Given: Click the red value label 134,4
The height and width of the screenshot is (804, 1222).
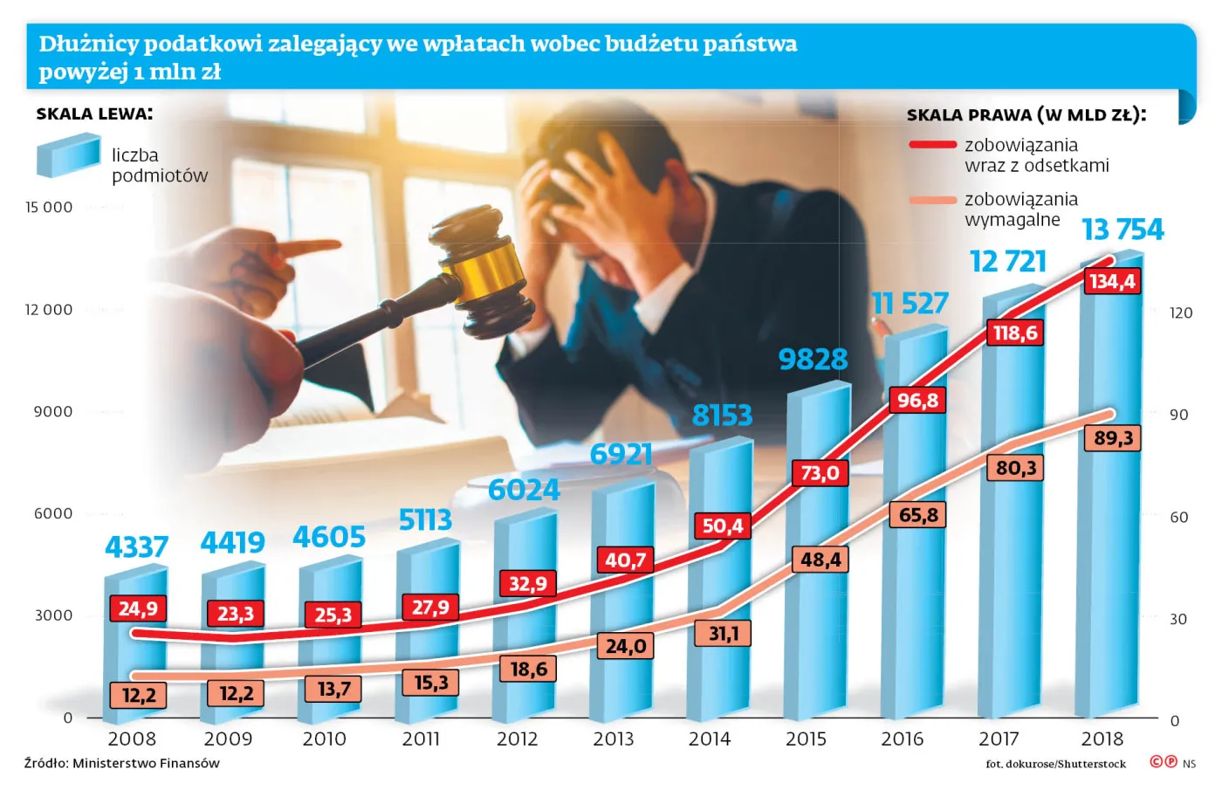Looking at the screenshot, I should click(1112, 281).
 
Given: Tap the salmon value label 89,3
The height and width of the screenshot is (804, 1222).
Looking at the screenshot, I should click(1113, 437).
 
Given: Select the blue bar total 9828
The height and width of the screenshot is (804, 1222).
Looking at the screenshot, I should click(813, 359).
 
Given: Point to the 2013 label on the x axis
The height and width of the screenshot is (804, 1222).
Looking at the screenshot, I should click(613, 739).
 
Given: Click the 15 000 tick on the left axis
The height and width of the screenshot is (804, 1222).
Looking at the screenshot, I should click(49, 207).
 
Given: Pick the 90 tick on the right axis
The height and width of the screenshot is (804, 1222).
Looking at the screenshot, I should click(1178, 415).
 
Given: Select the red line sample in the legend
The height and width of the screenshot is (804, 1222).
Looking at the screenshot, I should click(932, 145).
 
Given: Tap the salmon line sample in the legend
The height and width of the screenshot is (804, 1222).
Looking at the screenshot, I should click(932, 200).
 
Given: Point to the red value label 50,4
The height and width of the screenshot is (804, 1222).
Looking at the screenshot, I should click(723, 526).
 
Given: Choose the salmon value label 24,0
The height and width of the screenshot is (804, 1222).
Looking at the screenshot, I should click(626, 646).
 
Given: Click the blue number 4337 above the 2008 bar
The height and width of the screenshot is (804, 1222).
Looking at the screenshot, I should click(136, 546).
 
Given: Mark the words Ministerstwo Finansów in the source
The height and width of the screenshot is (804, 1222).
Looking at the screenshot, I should click(146, 763).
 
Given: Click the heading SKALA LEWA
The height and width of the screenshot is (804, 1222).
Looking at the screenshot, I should click(94, 113).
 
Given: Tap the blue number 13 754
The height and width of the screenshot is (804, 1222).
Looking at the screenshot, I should click(1122, 229).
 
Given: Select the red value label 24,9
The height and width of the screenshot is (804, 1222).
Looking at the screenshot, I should click(138, 608).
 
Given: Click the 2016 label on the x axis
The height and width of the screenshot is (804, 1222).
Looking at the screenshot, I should click(902, 739).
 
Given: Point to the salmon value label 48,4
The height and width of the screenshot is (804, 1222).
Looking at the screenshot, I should click(820, 560).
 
